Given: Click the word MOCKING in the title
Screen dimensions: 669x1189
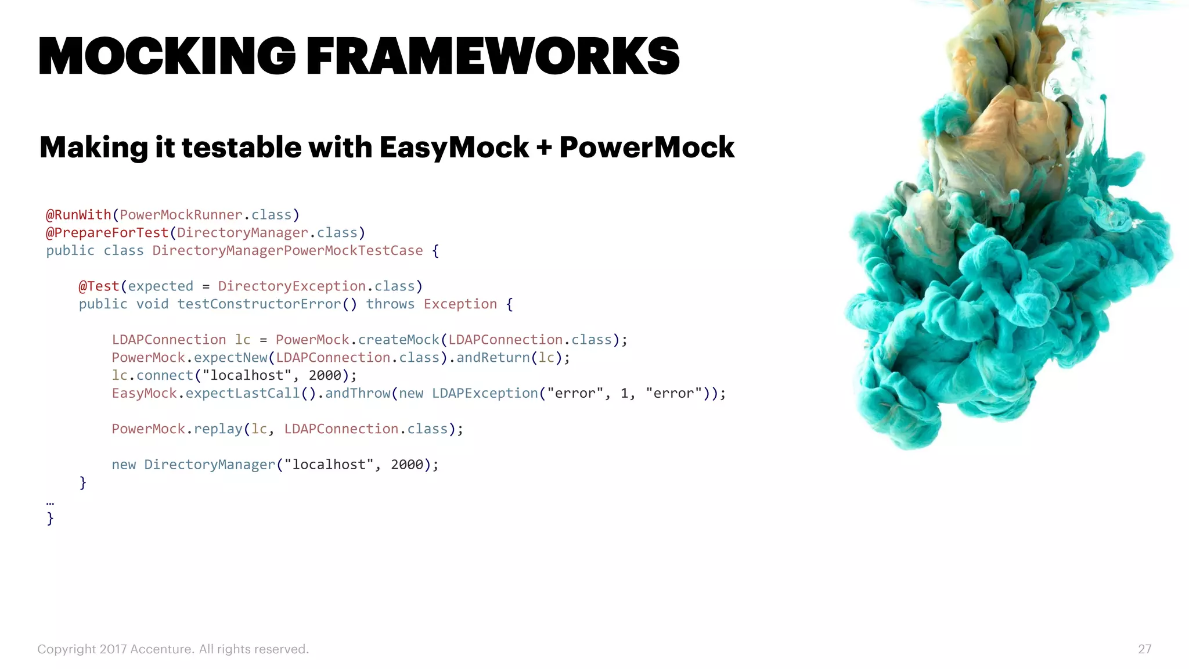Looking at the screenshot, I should pos(167,56).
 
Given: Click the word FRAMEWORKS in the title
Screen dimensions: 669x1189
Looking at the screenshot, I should pos(492,56).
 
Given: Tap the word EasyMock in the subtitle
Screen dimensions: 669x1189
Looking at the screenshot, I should pos(454,148).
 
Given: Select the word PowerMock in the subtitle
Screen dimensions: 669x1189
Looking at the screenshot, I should pos(647,148).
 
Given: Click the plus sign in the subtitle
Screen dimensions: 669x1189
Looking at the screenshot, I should pos(544,148).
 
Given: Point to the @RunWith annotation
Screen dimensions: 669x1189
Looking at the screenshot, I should pos(78,215).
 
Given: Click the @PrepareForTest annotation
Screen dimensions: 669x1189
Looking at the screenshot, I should pos(107,233).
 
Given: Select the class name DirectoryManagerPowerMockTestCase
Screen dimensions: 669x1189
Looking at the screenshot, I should pos(287,251).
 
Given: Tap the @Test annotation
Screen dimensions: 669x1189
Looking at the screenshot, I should pos(99,286).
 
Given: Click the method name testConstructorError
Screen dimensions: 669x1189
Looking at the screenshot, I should pos(259,304).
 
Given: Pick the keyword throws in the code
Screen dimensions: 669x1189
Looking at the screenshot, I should pos(390,304).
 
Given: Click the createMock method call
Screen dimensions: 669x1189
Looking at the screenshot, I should pos(398,340).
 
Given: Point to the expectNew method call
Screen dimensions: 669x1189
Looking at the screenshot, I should pos(230,358).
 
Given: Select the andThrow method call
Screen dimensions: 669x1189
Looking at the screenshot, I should pos(358,393).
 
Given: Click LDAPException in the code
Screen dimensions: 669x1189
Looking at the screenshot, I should pos(485,393).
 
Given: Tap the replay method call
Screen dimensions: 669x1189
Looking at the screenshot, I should pos(218,429).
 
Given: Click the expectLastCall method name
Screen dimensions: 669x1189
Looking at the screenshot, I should pos(243,393).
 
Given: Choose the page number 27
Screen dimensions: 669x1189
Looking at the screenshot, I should pos(1144,649).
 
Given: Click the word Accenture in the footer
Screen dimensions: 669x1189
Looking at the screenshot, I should pos(161,649).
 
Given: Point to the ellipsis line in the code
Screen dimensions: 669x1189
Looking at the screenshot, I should pos(50,503).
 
